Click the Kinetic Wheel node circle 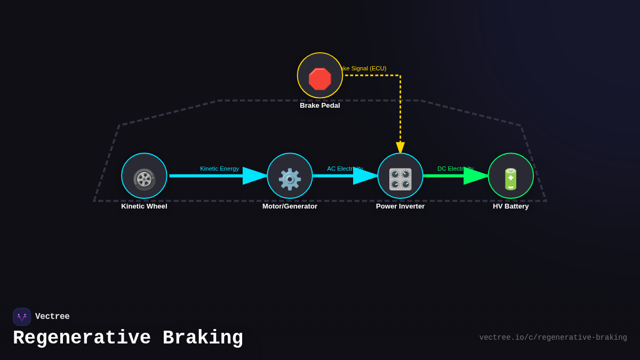[144, 176]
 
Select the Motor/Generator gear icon [290, 179]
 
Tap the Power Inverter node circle [400, 176]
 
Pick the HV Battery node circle [510, 176]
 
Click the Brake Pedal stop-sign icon [320, 79]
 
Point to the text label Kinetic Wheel [144, 206]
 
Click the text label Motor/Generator [290, 206]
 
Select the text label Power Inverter [400, 206]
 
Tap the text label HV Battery [510, 206]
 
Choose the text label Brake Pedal [320, 106]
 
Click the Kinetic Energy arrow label [219, 169]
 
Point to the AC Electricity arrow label [345, 169]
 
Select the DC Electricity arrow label [455, 169]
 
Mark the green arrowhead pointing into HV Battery [476, 176]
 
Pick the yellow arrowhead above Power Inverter [400, 148]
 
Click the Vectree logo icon [22, 317]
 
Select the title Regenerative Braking [128, 338]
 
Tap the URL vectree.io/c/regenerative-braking [553, 338]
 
